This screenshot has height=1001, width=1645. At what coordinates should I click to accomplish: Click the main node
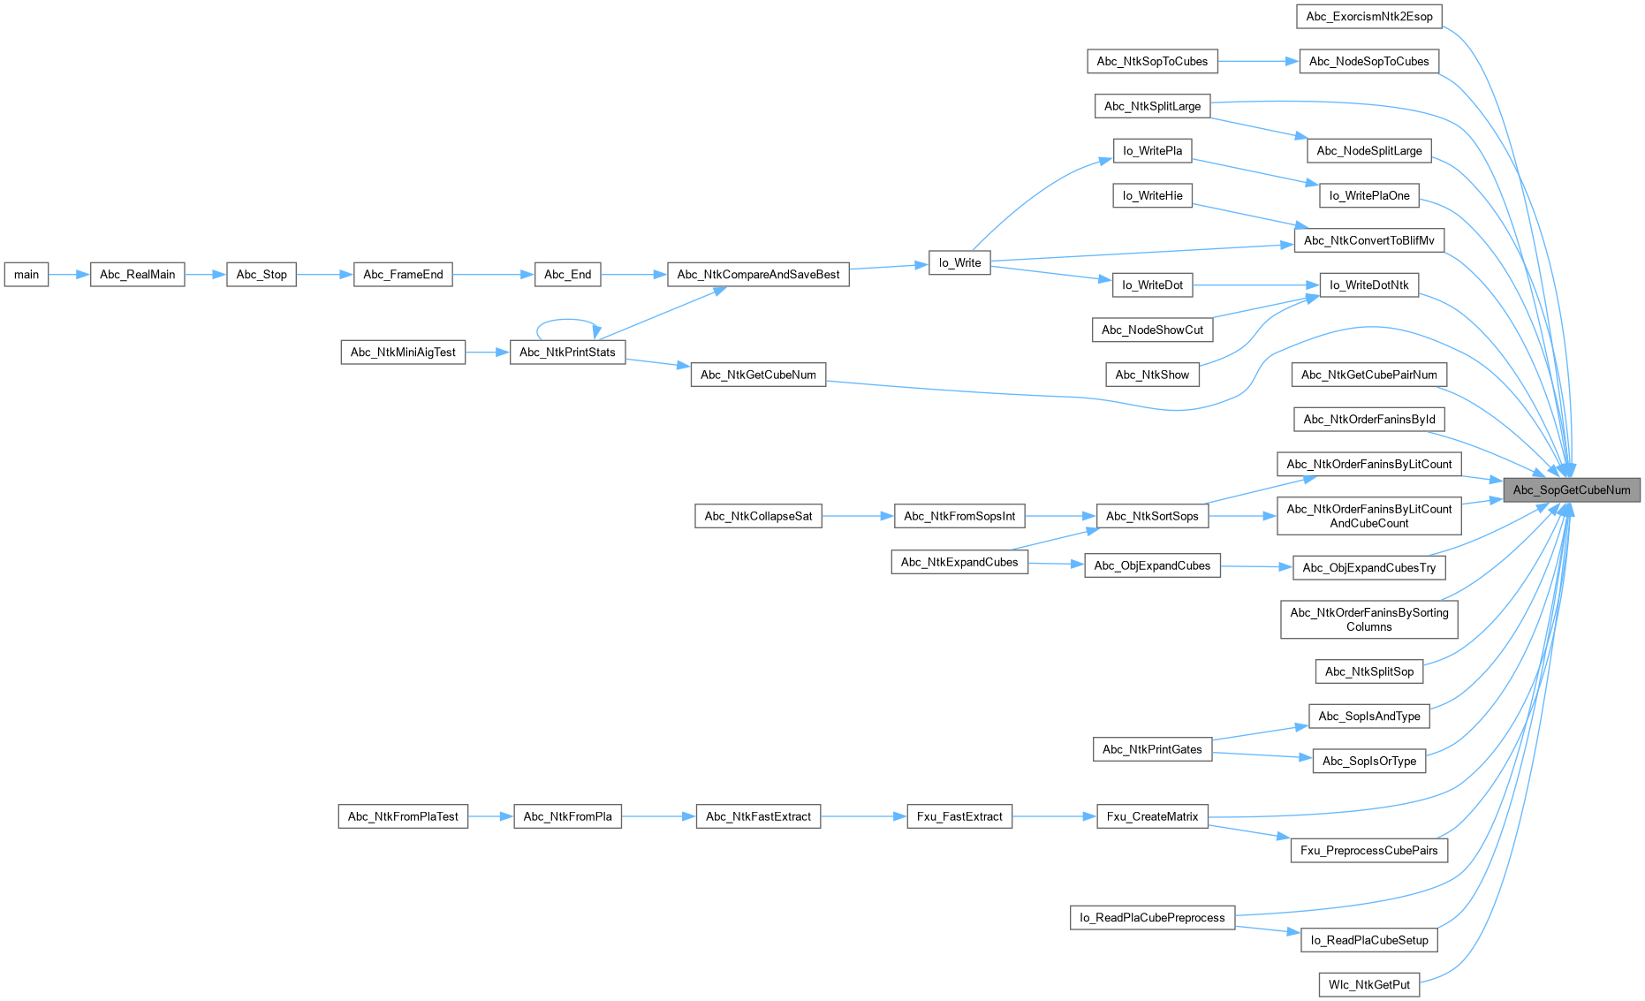(27, 275)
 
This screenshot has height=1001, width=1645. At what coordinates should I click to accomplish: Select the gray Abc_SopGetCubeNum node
(1571, 490)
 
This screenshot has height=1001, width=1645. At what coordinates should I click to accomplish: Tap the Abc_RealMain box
(137, 275)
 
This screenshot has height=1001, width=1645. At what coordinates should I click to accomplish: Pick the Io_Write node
(959, 263)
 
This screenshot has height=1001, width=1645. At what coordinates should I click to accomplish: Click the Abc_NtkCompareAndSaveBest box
(758, 275)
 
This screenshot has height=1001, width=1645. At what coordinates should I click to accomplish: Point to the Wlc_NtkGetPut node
(1368, 985)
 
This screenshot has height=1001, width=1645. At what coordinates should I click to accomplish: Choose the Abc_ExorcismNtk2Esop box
(1368, 17)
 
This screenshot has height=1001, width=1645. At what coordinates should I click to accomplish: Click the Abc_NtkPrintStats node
(567, 353)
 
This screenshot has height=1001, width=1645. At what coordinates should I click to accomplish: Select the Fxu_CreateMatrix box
(1152, 817)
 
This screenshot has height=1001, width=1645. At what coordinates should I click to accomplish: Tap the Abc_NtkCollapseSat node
(758, 517)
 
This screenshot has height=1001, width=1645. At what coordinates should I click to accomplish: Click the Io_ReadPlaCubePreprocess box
(1152, 918)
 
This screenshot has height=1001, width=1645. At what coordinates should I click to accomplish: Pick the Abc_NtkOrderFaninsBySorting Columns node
(1368, 620)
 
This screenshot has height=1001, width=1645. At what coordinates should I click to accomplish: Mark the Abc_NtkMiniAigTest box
(403, 353)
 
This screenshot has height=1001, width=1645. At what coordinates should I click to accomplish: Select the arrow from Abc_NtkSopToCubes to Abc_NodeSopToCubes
(1258, 61)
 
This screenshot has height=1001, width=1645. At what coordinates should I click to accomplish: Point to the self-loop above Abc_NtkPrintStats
(569, 320)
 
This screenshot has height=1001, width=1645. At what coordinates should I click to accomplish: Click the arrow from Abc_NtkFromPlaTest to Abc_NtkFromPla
(490, 817)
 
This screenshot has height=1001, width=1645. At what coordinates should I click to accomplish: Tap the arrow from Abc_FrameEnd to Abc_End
(493, 275)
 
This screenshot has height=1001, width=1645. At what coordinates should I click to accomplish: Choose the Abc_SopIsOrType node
(1368, 762)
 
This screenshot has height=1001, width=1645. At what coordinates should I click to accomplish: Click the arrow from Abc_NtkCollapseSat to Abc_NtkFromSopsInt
(857, 517)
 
